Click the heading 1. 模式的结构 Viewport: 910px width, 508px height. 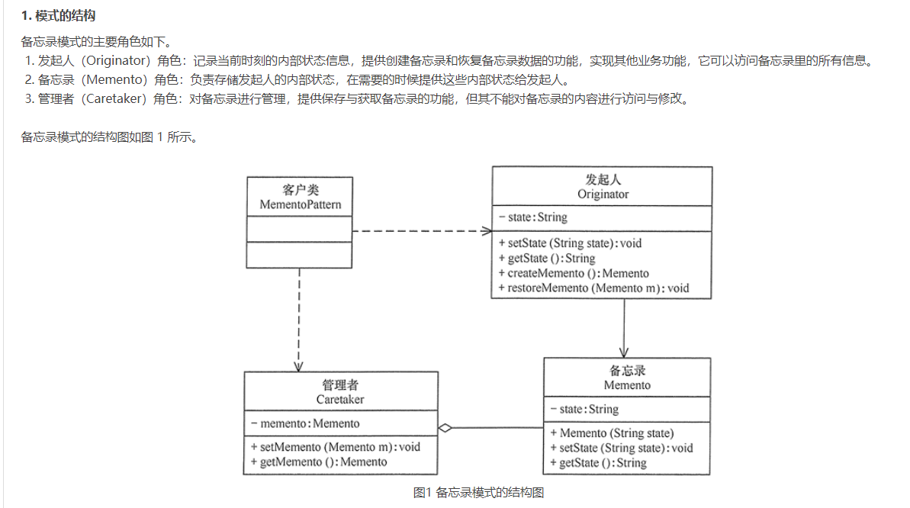58,16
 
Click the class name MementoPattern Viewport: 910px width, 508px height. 300,204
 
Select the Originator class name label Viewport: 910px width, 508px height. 603,195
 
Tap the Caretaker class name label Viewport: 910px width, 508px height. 340,399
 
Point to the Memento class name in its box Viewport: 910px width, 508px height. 627,385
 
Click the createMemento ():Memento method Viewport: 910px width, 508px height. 573,273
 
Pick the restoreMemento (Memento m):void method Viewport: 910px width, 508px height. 593,288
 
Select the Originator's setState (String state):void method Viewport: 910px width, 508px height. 570,243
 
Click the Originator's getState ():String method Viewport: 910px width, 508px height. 546,259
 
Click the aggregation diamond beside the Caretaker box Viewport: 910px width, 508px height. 445,428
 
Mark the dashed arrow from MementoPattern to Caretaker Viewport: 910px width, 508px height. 299,320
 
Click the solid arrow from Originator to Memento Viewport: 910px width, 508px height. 625,328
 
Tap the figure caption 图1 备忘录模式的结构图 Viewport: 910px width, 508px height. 478,492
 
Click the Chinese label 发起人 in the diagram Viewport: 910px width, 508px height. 603,180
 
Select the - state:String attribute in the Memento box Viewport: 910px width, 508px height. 584,410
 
